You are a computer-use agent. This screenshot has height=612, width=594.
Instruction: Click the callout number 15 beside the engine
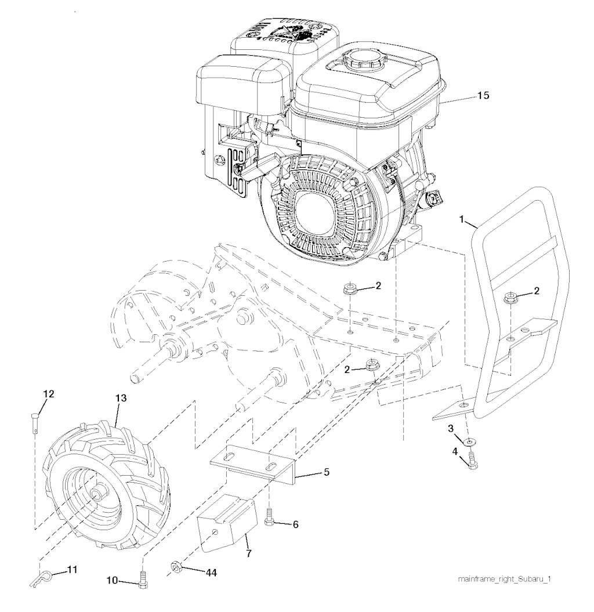tap(483, 95)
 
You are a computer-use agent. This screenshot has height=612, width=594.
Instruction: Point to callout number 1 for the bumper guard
tap(462, 219)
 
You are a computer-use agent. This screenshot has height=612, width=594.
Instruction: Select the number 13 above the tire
tap(121, 398)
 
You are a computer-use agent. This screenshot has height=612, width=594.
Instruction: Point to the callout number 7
tap(249, 553)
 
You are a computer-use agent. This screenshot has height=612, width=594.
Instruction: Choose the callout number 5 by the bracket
tap(326, 472)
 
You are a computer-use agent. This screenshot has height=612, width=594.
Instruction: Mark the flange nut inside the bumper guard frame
tap(509, 297)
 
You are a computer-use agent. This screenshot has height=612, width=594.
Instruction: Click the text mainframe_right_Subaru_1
tap(504, 579)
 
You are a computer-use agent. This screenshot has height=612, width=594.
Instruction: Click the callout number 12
tap(48, 394)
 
